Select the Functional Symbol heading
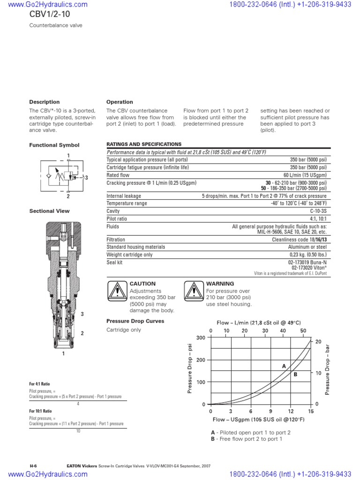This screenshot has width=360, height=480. coord(54,145)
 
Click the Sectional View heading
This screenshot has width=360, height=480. coord(49,211)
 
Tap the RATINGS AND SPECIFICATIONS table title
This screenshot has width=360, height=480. coord(143,144)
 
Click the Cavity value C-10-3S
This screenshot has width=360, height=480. coord(316,211)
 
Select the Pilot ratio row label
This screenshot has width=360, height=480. coord(117,219)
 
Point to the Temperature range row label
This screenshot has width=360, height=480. coord(127,203)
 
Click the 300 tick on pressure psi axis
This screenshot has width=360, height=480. coord(201,338)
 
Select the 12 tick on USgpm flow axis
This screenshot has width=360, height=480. coord(291,411)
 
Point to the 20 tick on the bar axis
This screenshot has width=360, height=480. coord(318,342)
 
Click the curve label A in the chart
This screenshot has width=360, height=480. coord(284,366)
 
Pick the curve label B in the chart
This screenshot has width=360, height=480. coord(295,374)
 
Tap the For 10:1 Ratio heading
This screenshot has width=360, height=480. coord(40,411)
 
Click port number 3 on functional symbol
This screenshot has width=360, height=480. coord(86,178)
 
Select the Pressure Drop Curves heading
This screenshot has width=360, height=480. coord(135,321)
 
